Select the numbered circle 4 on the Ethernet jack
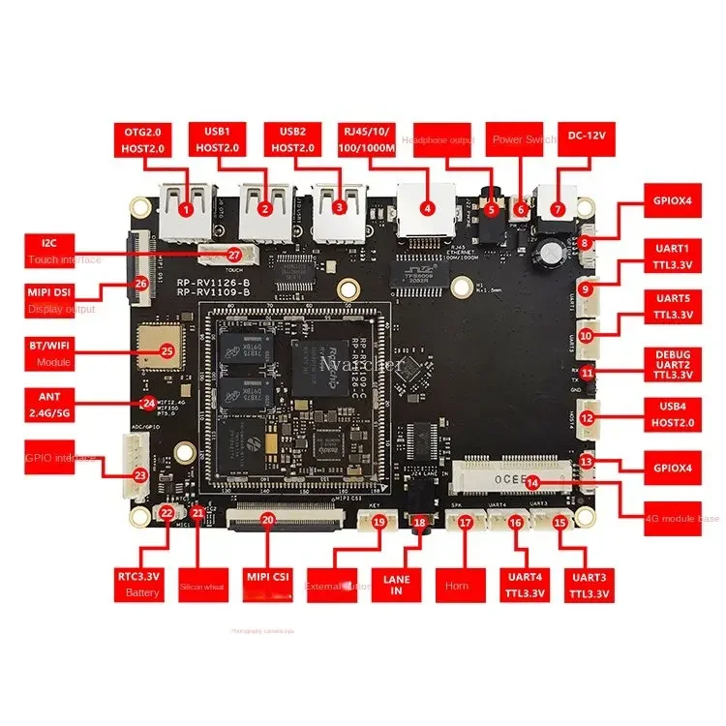point(427,207)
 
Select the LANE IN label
point(398,586)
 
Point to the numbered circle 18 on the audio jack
point(419,523)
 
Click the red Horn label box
point(458,587)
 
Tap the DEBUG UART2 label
point(674,362)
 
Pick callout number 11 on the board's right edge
point(588,372)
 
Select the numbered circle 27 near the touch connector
point(233,254)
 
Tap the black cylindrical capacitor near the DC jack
point(551,251)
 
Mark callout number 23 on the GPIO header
point(140,475)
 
